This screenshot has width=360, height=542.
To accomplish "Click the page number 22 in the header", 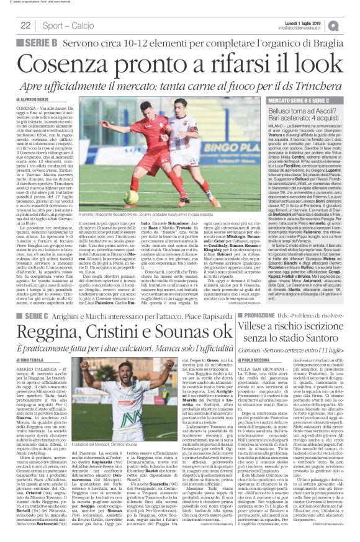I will coord(26,25).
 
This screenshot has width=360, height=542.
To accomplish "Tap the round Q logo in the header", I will coord(351,24).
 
